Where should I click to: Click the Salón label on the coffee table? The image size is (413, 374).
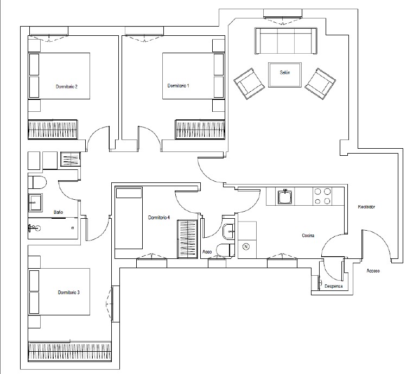pyautogui.click(x=285, y=72)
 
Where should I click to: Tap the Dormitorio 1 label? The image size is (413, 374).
pyautogui.click(x=179, y=86)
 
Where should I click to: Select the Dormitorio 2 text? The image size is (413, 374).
pyautogui.click(x=67, y=86)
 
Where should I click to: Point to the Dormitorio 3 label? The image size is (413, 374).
pyautogui.click(x=69, y=293)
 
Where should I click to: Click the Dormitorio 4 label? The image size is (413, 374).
pyautogui.click(x=159, y=217)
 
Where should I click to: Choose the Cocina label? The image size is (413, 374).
pyautogui.click(x=308, y=236)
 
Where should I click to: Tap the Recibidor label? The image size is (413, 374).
pyautogui.click(x=366, y=207)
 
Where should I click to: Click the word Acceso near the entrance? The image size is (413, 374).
pyautogui.click(x=373, y=270)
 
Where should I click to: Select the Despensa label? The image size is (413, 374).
pyautogui.click(x=333, y=286)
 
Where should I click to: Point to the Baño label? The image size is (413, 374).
pyautogui.click(x=58, y=212)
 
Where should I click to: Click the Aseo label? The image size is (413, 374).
pyautogui.click(x=207, y=252)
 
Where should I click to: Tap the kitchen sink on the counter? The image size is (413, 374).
pyautogui.click(x=285, y=196)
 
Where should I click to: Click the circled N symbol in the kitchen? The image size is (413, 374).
pyautogui.click(x=246, y=247)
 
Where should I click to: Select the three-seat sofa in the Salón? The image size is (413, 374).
pyautogui.click(x=286, y=41)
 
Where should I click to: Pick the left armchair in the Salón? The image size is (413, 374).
pyautogui.click(x=249, y=84)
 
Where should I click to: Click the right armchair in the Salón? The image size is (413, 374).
pyautogui.click(x=320, y=84)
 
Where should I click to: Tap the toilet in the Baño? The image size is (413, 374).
pyautogui.click(x=37, y=182)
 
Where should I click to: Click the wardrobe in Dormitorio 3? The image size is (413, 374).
pyautogui.click(x=70, y=352)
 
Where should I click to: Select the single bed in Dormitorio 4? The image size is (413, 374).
pyautogui.click(x=129, y=218)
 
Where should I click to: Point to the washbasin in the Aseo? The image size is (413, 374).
pyautogui.click(x=228, y=232)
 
